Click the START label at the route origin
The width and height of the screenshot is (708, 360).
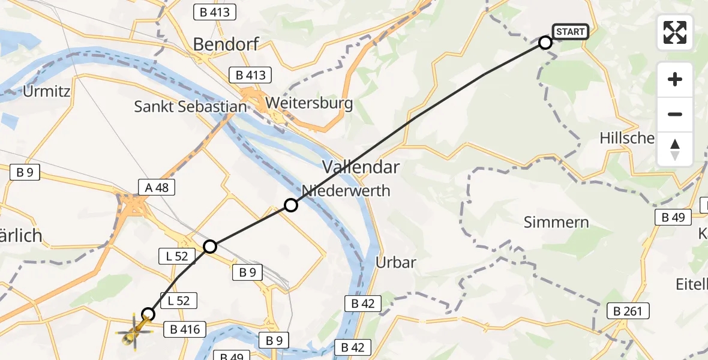tap(569, 32)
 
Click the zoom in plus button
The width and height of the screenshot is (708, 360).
tap(675, 80)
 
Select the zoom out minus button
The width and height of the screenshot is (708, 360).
tap(675, 114)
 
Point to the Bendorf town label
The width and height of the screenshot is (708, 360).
tap(227, 44)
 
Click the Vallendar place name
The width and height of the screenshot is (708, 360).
tap(361, 166)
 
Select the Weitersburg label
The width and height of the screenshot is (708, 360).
tap(309, 103)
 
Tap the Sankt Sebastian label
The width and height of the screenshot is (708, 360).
tap(190, 107)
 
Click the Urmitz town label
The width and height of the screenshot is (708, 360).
tap(47, 92)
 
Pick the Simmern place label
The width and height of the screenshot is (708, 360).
tap(556, 223)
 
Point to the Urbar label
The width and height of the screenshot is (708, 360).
tap(395, 262)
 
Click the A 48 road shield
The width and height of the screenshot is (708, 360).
tap(156, 187)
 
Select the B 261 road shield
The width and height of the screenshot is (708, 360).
tap(628, 311)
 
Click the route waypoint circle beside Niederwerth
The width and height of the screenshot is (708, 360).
tap(291, 205)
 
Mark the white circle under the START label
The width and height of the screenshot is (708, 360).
tap(545, 43)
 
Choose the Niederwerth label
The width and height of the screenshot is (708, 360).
tap(346, 191)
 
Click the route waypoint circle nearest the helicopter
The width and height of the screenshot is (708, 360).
tap(148, 314)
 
